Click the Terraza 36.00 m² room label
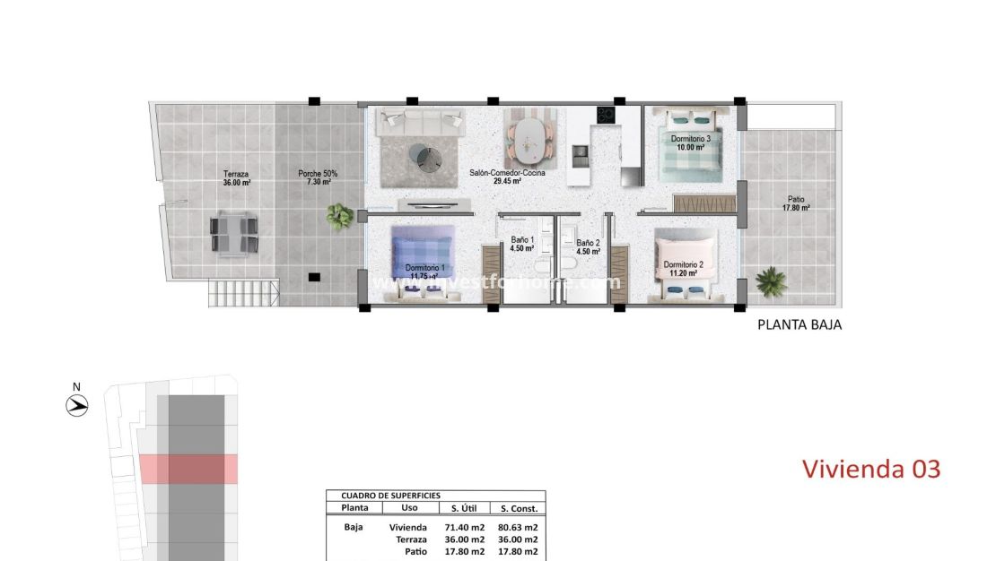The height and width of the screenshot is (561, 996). coord(236,177)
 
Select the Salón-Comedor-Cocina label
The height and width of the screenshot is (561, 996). coord(507,176)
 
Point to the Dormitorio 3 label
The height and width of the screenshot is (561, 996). coord(691,142)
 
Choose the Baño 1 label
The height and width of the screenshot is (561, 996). coord(523,245)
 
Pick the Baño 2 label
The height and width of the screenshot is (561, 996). coord(588,246)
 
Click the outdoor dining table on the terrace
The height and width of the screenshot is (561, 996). coord(234,234)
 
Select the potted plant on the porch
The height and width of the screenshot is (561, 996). coord(340,215)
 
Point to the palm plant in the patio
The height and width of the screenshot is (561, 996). coord(771,281)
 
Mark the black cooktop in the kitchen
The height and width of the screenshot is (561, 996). coord(605,116)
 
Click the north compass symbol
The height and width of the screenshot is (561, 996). coord(77,405)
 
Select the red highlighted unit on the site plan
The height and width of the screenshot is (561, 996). coord(188,469)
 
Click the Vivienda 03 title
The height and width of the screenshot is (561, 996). coord(870,468)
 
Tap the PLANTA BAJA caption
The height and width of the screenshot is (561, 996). coord(799,326)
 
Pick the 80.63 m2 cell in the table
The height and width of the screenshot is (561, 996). coord(518,527)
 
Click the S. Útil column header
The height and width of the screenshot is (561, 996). coord(464,508)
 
